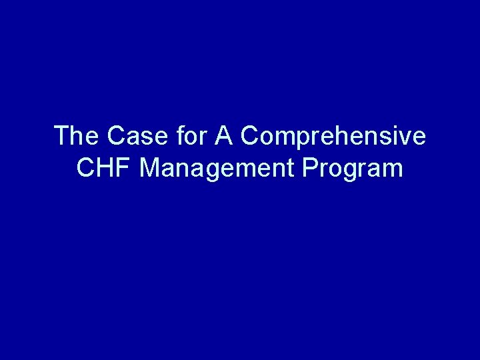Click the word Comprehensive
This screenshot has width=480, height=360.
point(333,136)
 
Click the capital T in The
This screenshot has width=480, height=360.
point(61,136)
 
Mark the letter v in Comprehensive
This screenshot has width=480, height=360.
point(406,137)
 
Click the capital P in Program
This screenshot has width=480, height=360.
point(309,169)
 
